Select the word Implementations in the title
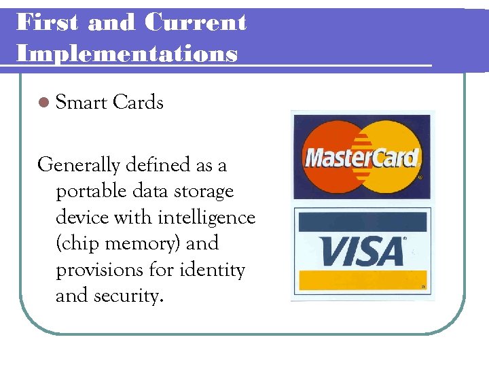click(x=127, y=52)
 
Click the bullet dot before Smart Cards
click(x=44, y=103)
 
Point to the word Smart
click(x=81, y=103)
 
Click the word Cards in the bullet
click(x=139, y=103)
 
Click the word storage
click(x=202, y=192)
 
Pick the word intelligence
click(x=206, y=217)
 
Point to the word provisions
click(x=103, y=270)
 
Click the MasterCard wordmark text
click(x=361, y=158)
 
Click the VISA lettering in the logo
click(x=361, y=251)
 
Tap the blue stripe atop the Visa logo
click(x=361, y=222)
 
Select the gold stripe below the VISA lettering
click(x=361, y=281)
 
